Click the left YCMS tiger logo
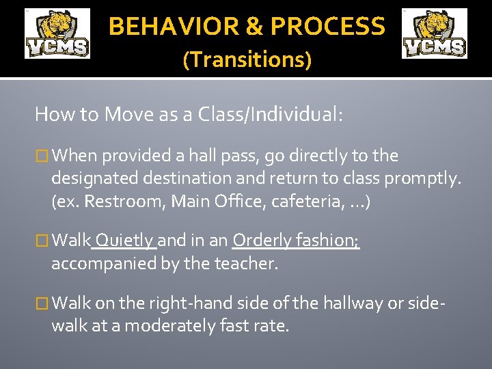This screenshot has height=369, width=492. click(x=57, y=33)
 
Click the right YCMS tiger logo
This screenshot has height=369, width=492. click(x=434, y=33)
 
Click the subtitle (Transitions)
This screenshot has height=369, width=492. click(x=247, y=60)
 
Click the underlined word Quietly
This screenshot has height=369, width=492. click(x=124, y=241)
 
